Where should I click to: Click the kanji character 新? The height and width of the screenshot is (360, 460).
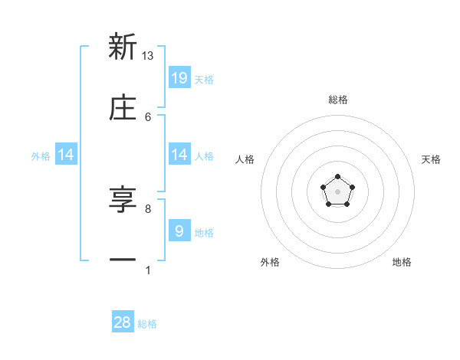tap(123, 47)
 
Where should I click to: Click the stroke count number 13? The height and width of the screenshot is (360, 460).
tap(148, 55)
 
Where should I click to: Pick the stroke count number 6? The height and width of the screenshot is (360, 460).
tap(148, 116)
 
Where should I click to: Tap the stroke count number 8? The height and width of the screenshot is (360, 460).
tap(148, 208)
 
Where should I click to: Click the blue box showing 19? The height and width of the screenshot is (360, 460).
tap(179, 77)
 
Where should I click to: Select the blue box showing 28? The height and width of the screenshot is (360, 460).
tap(123, 322)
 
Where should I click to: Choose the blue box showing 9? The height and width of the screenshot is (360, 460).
tap(179, 231)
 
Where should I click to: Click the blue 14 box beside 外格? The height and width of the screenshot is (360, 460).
tap(66, 155)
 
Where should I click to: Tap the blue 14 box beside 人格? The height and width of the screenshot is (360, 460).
tap(179, 155)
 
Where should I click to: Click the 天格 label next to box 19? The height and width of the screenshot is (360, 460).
tap(204, 79)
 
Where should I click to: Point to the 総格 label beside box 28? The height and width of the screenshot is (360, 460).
tap(147, 324)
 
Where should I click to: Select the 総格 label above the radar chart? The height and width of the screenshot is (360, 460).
tap(338, 100)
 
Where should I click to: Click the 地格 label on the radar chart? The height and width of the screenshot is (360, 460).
tap(402, 262)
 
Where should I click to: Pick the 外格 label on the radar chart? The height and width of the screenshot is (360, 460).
tap(270, 262)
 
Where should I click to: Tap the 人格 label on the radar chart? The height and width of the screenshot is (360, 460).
tap(245, 159)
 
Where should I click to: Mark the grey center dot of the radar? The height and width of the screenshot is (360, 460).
tap(338, 191)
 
